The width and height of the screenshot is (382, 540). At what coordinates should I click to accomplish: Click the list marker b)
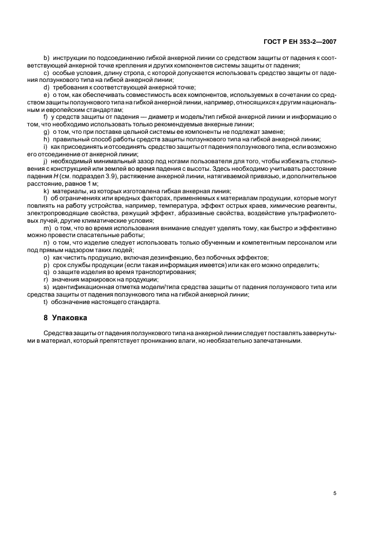(x=46, y=58)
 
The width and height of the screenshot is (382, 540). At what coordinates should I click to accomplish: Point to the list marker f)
(x=46, y=117)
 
